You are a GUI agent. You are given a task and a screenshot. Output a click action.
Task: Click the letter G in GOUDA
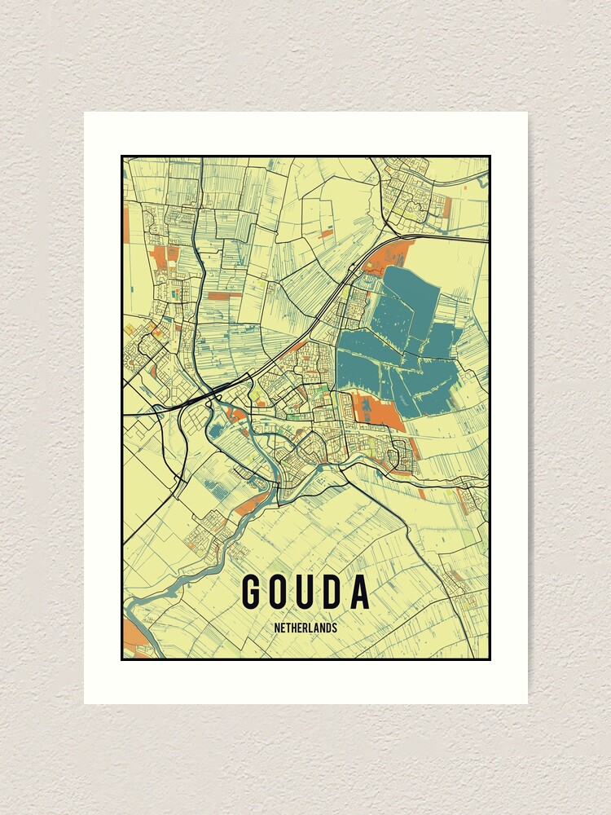click(252, 593)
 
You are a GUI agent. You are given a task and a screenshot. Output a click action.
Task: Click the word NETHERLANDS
click(305, 628)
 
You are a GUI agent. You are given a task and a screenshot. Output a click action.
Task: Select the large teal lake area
click(391, 342)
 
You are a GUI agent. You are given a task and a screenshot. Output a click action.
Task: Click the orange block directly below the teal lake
click(379, 410)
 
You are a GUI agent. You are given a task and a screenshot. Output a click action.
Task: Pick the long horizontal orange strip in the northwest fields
click(223, 295)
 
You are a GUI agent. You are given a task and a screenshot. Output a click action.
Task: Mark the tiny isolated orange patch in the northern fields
click(326, 233)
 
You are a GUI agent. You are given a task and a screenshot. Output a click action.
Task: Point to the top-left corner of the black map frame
click(122, 156)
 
